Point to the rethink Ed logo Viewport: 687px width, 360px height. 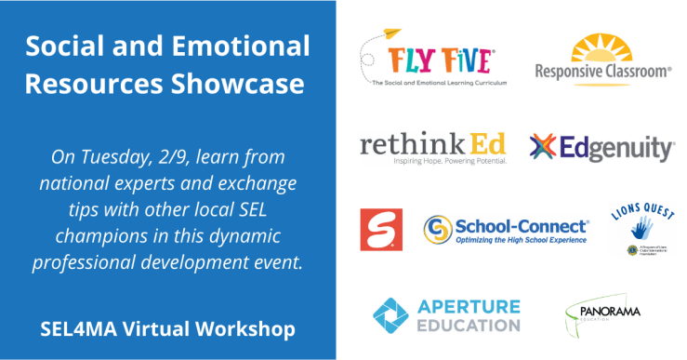[433, 148]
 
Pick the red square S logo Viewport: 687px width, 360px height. [381, 230]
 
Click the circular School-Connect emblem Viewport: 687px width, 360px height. [438, 229]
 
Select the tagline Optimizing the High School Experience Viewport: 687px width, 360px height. [522, 239]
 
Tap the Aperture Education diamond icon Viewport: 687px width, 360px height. [391, 316]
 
